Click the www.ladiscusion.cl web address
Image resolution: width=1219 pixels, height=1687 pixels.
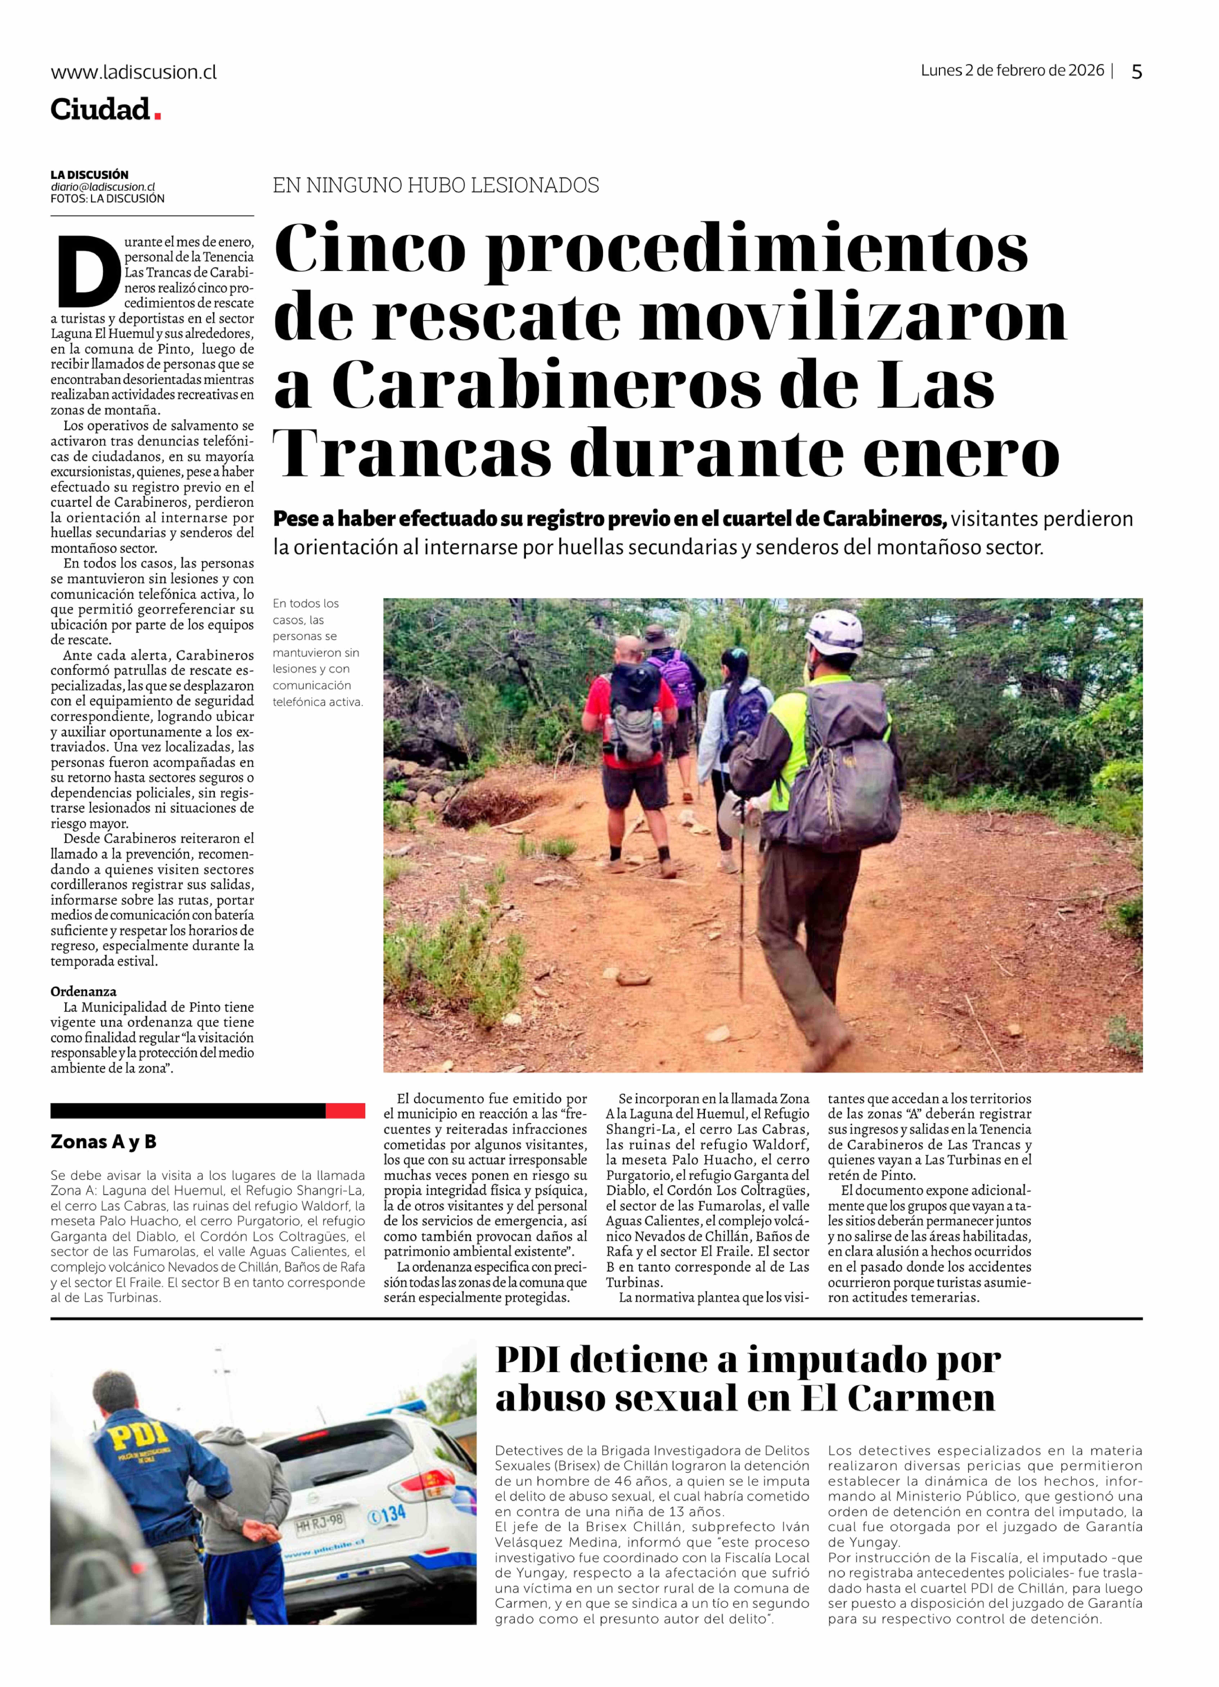pos(134,72)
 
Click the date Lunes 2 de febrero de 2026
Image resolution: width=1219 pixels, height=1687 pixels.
pos(1012,71)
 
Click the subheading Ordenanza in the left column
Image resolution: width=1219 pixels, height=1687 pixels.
pos(83,992)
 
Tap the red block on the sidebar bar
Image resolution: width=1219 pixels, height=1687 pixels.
pos(345,1110)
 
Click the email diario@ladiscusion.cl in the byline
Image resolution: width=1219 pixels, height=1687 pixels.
pos(103,187)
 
